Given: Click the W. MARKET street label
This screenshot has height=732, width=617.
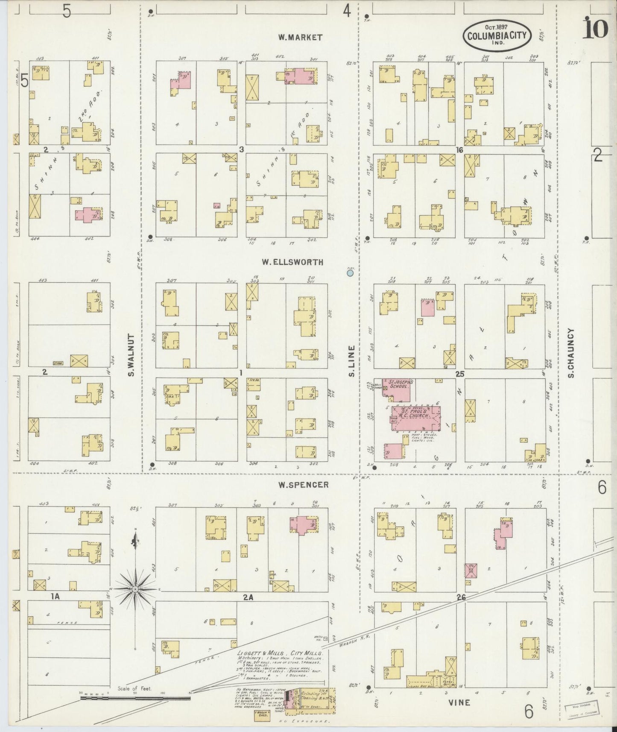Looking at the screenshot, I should coord(300,38).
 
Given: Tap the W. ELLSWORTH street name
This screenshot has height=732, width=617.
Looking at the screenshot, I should coord(298,262).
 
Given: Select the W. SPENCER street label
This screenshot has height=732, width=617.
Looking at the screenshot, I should coord(303,485).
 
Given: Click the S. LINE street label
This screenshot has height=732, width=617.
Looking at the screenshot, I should coord(352,361).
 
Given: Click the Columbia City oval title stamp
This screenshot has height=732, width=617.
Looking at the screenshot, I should coord(497,35).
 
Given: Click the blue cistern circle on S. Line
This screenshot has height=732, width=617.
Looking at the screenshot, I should coord(350,272).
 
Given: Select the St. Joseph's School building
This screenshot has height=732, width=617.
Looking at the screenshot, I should coord(398,389).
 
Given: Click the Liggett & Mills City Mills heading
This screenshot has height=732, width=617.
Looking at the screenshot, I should coord(280,653).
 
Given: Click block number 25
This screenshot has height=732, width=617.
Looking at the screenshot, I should coord(459,374).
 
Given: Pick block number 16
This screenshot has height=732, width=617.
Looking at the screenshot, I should coord(459,150).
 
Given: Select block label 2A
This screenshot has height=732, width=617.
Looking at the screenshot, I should coord(248,597).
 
